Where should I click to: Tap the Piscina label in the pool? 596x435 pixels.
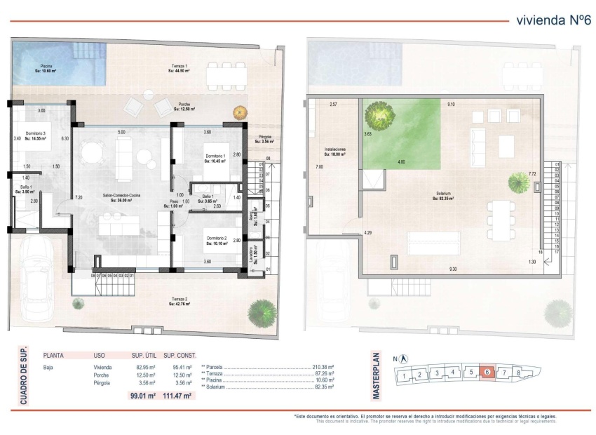point(47,67)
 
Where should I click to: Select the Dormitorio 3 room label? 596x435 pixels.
point(35,135)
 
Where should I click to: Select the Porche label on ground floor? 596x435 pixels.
point(182,106)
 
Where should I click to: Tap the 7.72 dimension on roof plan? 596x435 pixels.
point(532,173)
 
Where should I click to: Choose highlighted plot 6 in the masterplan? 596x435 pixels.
point(487,373)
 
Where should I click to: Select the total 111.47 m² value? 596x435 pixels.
point(179,396)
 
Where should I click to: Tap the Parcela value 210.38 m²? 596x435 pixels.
point(323,367)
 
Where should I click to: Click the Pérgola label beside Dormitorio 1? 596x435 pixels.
point(264,138)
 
